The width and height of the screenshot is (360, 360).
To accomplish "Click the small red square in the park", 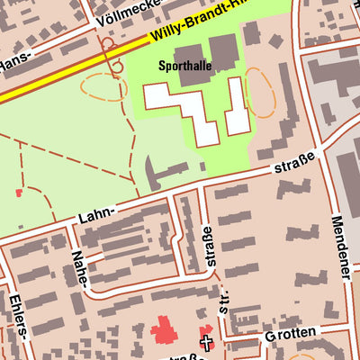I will [19, 193].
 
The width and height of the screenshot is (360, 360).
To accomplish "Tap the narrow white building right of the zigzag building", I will [236, 106].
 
